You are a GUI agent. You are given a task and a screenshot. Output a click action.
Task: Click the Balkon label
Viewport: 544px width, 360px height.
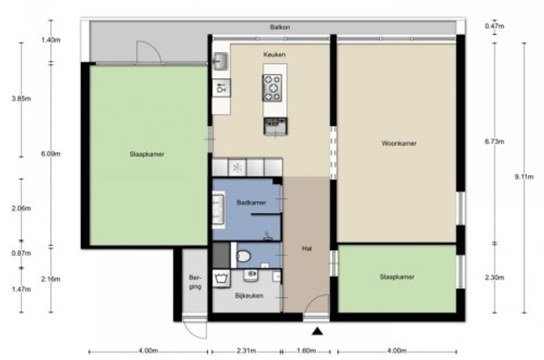pyautogui.click(x=280, y=27)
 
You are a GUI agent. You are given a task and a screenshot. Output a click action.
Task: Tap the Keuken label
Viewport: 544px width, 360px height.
pyautogui.click(x=274, y=55)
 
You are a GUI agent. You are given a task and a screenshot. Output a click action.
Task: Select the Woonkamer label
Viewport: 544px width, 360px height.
pyautogui.click(x=399, y=143)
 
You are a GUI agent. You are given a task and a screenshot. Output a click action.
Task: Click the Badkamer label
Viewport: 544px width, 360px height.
pyautogui.click(x=251, y=202)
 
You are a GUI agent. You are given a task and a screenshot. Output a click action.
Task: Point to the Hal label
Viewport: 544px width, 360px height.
pyautogui.click(x=307, y=248)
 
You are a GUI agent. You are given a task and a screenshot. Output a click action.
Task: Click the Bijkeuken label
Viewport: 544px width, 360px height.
pyautogui.click(x=249, y=296)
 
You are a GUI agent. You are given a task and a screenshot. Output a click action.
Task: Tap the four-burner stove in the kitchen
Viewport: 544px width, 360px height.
pyautogui.click(x=272, y=88)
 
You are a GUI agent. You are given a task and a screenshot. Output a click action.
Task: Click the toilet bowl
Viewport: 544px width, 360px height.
pyautogui.click(x=243, y=256)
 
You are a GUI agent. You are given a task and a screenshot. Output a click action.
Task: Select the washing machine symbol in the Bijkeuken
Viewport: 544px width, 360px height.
pyautogui.click(x=221, y=278)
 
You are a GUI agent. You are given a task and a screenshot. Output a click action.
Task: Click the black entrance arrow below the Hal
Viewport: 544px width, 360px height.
pyautogui.click(x=317, y=331)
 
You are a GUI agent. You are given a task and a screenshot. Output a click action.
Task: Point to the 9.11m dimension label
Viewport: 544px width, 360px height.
pyautogui.click(x=524, y=177)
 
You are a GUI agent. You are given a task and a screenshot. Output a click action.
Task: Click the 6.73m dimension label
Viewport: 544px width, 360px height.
pyautogui.click(x=494, y=141)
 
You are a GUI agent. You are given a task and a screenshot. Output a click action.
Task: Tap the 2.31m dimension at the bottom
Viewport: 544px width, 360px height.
pyautogui.click(x=246, y=351)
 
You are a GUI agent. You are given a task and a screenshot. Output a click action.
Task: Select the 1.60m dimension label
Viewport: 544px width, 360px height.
pyautogui.click(x=306, y=351)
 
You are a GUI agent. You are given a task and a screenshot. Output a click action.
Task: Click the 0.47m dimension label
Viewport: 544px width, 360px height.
pyautogui.click(x=494, y=26)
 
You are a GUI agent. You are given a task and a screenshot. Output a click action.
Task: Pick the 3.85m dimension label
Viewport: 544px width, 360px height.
pyautogui.click(x=21, y=98)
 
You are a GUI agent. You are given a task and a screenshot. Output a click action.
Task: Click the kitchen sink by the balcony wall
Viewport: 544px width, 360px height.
pyautogui.click(x=220, y=62)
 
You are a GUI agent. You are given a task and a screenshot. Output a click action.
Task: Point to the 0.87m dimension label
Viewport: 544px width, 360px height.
pyautogui.click(x=21, y=253)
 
